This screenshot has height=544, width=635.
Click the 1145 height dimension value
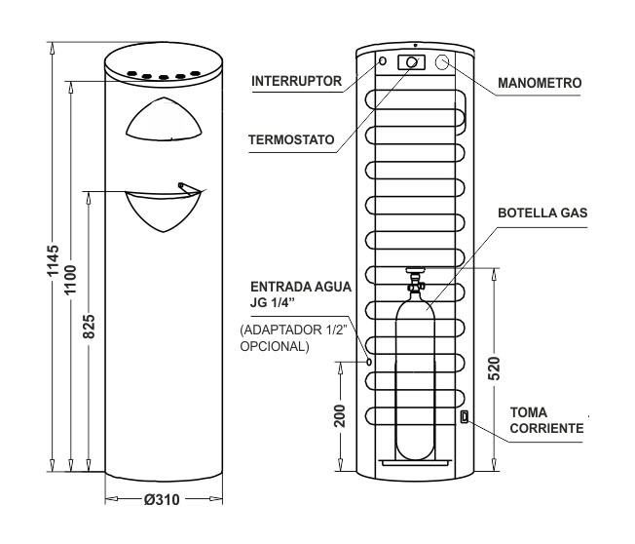pyautogui.click(x=53, y=260)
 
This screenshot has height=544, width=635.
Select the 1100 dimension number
pyautogui.click(x=70, y=280)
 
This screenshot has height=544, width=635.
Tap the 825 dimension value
pyautogui.click(x=89, y=327)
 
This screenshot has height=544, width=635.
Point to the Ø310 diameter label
pyautogui.click(x=162, y=500)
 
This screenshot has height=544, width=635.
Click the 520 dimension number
pyautogui.click(x=494, y=369)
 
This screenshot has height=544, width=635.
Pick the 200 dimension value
pyautogui.click(x=340, y=415)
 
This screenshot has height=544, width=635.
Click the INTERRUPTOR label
pyautogui.click(x=296, y=81)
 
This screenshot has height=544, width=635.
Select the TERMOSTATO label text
pyautogui.click(x=291, y=139)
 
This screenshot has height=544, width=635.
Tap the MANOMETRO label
pyautogui.click(x=540, y=83)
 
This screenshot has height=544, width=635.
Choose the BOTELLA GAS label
pyautogui.click(x=542, y=214)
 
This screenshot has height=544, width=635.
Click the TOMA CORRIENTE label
pyautogui.click(x=546, y=420)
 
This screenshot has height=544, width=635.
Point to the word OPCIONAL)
pyautogui.click(x=275, y=347)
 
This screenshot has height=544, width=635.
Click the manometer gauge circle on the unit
pyautogui.click(x=442, y=62)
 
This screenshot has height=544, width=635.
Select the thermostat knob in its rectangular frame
pyautogui.click(x=411, y=62)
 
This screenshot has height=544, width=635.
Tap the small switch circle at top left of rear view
pyautogui.click(x=383, y=61)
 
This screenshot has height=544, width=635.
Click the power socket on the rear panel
pyautogui.click(x=465, y=416)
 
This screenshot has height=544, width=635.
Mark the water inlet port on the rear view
pyautogui.click(x=369, y=362)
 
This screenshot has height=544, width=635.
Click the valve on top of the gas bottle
pyautogui.click(x=416, y=282)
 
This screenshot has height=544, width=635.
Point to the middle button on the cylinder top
pyautogui.click(x=164, y=77)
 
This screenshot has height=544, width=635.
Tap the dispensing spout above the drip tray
pyautogui.click(x=189, y=188)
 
